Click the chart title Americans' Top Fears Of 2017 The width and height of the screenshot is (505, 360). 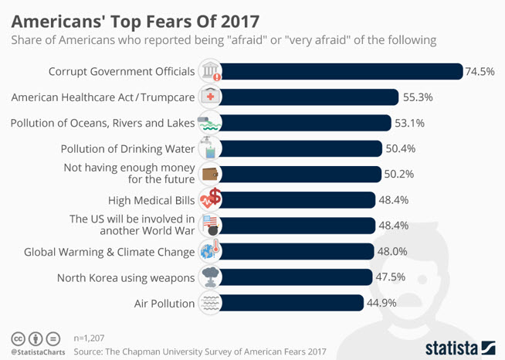coord(135,22)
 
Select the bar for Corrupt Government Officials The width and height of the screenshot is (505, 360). coord(341,71)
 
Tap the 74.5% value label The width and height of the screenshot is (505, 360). coord(480,71)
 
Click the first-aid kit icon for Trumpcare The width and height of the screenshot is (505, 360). coord(210,97)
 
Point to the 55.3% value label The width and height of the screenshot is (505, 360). coord(418,97)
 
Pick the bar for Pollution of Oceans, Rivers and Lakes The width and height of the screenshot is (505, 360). coord(305,123)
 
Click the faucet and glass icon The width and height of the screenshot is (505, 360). coord(209,148)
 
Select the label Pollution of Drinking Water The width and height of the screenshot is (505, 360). coord(128,149)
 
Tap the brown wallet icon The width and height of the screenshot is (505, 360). coord(210,175)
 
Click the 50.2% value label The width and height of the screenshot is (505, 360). coord(399,174)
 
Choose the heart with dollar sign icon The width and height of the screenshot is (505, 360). coord(210,199)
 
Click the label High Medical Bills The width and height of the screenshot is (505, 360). coord(151,200)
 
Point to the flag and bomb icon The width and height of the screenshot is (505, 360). coord(211,226)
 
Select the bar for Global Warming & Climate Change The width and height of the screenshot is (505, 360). coord(297,251)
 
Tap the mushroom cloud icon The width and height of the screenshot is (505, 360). coord(210,277)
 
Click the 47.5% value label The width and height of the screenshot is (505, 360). coord(391,277)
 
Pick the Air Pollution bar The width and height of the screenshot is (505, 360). coord(291,303)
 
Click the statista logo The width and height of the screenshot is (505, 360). coord(460,348)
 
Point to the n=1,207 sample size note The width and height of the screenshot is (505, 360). coord(89,338)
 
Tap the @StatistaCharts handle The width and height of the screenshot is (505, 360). coord(38,352)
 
